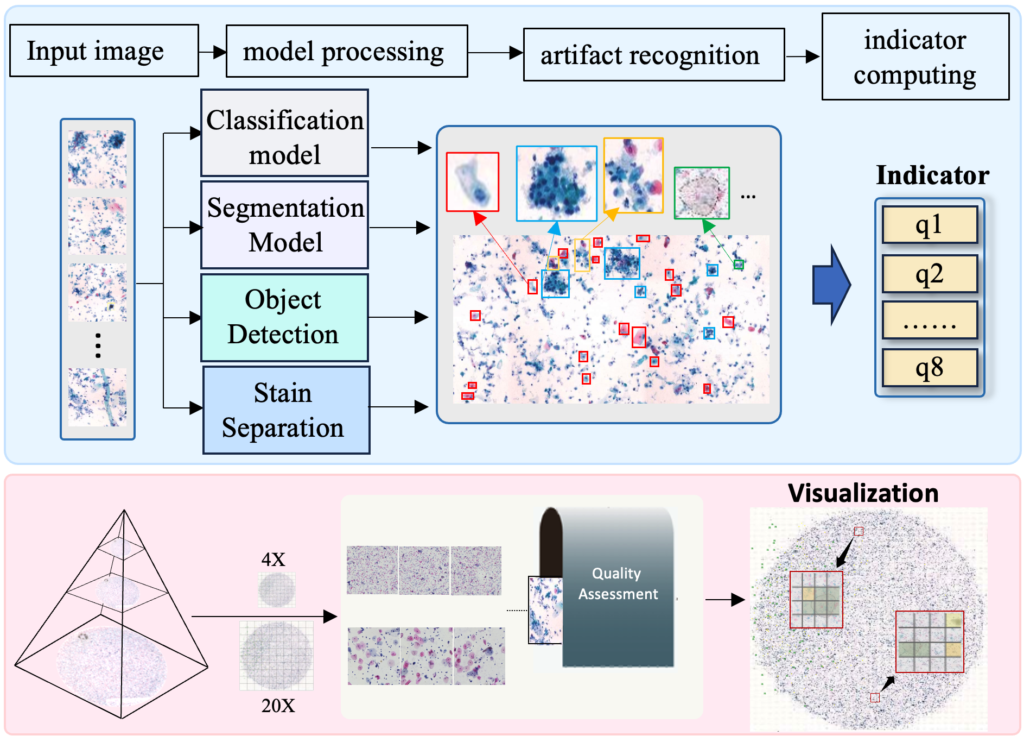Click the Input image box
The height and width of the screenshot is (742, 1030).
pyautogui.click(x=104, y=51)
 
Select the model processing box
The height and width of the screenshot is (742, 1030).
pyautogui.click(x=347, y=51)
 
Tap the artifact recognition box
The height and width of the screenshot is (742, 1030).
pyautogui.click(x=654, y=55)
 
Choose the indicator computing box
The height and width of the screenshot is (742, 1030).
pyautogui.click(x=915, y=56)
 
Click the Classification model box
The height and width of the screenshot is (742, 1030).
pyautogui.click(x=285, y=133)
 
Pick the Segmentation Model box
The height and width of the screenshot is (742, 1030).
pyautogui.click(x=285, y=225)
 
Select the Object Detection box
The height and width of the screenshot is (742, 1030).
pyautogui.click(x=285, y=318)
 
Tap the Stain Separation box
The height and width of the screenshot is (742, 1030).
pyautogui.click(x=287, y=410)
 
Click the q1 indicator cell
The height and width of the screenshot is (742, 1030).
pyautogui.click(x=930, y=224)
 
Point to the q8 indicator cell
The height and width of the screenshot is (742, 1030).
pyautogui.click(x=930, y=368)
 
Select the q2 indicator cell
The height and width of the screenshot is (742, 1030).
pyautogui.click(x=930, y=274)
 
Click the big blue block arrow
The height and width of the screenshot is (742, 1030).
pyautogui.click(x=831, y=285)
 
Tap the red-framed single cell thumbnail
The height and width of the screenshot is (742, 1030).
pyautogui.click(x=473, y=182)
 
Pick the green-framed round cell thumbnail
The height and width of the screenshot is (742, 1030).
pyautogui.click(x=702, y=193)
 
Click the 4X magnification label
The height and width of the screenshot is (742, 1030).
pyautogui.click(x=273, y=559)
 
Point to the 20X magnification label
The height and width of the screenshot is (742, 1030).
pyautogui.click(x=278, y=706)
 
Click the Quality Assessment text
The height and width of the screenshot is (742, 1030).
pyautogui.click(x=618, y=583)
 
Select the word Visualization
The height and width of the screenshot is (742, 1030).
pyautogui.click(x=863, y=493)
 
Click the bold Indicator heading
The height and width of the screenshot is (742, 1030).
pyautogui.click(x=933, y=175)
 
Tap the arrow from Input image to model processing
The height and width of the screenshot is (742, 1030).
pyautogui.click(x=213, y=52)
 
